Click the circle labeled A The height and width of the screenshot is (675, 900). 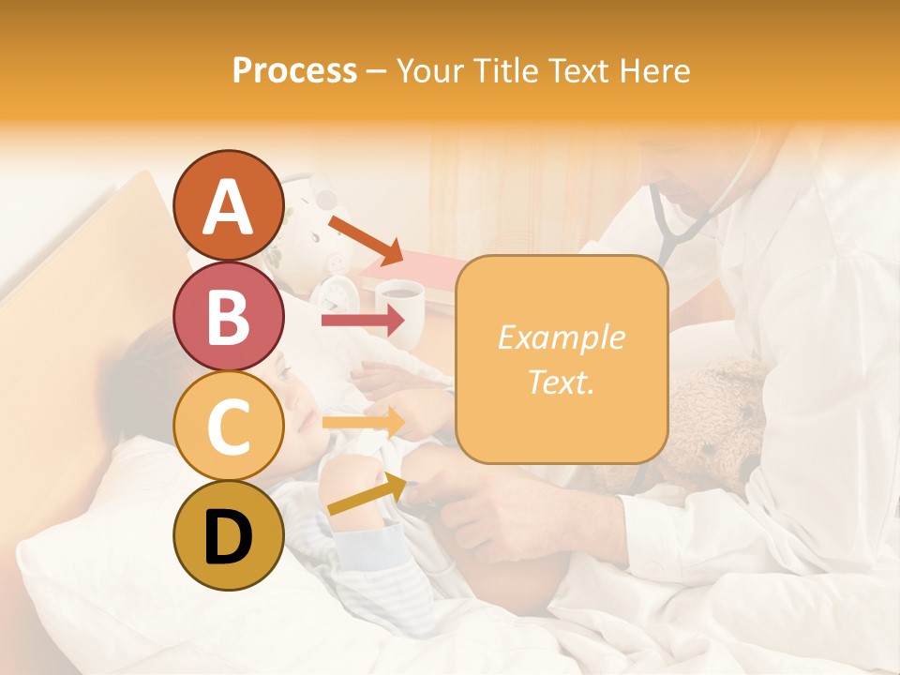pyautogui.click(x=229, y=206)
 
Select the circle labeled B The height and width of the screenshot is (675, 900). pyautogui.click(x=229, y=317)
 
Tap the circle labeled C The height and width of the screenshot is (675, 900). pyautogui.click(x=229, y=426)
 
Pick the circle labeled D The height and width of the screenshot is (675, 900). pyautogui.click(x=229, y=535)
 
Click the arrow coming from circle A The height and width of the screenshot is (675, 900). pyautogui.click(x=366, y=238)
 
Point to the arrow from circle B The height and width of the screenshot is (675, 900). pyautogui.click(x=363, y=320)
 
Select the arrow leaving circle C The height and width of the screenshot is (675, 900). pyautogui.click(x=363, y=423)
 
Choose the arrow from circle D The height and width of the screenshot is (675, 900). pyautogui.click(x=367, y=494)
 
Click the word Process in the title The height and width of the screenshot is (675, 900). pyautogui.click(x=294, y=71)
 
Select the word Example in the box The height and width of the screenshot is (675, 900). pyautogui.click(x=561, y=337)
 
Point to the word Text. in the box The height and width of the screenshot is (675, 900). pyautogui.click(x=561, y=382)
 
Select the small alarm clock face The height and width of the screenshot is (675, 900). pyautogui.click(x=332, y=295)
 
